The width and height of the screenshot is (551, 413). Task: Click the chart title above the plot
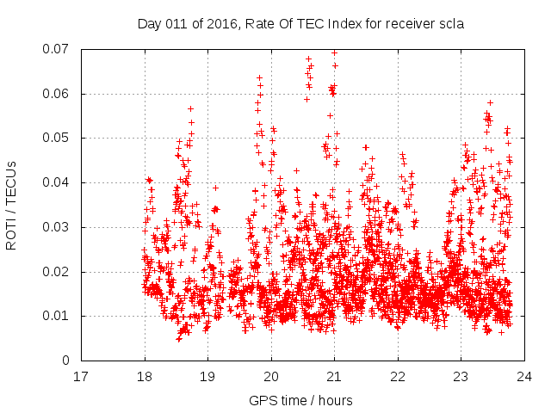[300, 24]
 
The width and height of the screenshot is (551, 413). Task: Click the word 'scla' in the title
[450, 24]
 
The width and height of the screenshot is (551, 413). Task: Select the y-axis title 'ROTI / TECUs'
[11, 205]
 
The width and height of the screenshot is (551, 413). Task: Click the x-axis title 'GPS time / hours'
[300, 400]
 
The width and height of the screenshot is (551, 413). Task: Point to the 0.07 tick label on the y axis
[57, 49]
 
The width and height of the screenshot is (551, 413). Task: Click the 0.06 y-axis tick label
[57, 94]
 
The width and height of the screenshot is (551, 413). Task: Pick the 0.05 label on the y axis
[57, 138]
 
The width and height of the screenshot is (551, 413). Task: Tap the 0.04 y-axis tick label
[57, 182]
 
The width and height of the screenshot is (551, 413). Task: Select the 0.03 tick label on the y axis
[57, 227]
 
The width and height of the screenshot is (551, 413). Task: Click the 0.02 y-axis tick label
[57, 272]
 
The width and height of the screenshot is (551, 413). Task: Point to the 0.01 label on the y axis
[57, 316]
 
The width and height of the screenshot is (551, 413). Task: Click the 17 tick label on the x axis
[82, 376]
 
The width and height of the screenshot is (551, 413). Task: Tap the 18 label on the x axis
[145, 376]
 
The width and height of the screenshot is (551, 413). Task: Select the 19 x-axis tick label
[207, 376]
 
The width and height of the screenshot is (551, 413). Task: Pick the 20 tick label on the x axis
[271, 376]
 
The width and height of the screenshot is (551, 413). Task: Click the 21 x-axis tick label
[334, 376]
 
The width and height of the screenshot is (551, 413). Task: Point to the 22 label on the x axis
[398, 376]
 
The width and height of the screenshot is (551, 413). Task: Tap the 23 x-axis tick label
[461, 376]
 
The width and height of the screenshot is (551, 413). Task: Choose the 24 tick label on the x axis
[523, 376]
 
